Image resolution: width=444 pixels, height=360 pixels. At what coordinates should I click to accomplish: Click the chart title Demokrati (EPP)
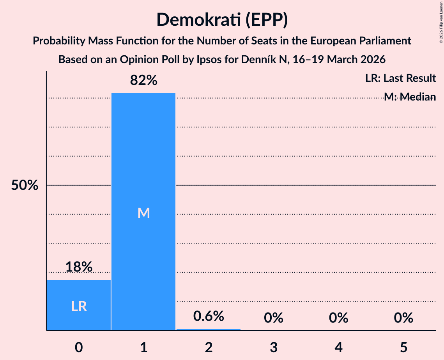click(222, 20)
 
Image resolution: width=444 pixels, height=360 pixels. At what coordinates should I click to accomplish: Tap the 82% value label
click(143, 81)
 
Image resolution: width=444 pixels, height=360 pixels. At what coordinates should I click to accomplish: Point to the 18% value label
click(79, 267)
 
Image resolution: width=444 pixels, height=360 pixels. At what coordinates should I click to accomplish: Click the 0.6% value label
click(209, 316)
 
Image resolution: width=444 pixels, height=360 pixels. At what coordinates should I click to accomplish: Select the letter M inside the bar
click(143, 213)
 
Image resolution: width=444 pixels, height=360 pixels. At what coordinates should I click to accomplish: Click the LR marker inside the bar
click(79, 307)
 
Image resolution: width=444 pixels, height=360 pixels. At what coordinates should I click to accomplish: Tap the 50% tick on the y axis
click(25, 185)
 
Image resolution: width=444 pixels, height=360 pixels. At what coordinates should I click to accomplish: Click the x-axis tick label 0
click(79, 347)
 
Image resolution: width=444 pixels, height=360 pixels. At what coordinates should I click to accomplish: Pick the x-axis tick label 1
click(143, 347)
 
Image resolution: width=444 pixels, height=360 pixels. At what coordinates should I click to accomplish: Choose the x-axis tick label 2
click(209, 347)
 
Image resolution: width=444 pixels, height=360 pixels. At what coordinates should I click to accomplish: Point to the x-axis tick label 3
click(273, 347)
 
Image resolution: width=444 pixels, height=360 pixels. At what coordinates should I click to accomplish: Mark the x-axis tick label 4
click(338, 347)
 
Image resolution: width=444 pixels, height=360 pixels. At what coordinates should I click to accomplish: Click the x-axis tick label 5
click(403, 347)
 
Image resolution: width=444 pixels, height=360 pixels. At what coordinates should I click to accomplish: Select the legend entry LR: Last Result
click(400, 78)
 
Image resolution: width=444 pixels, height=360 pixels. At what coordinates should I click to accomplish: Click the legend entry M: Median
click(409, 97)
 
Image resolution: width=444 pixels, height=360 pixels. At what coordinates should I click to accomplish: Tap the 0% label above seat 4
click(338, 318)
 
